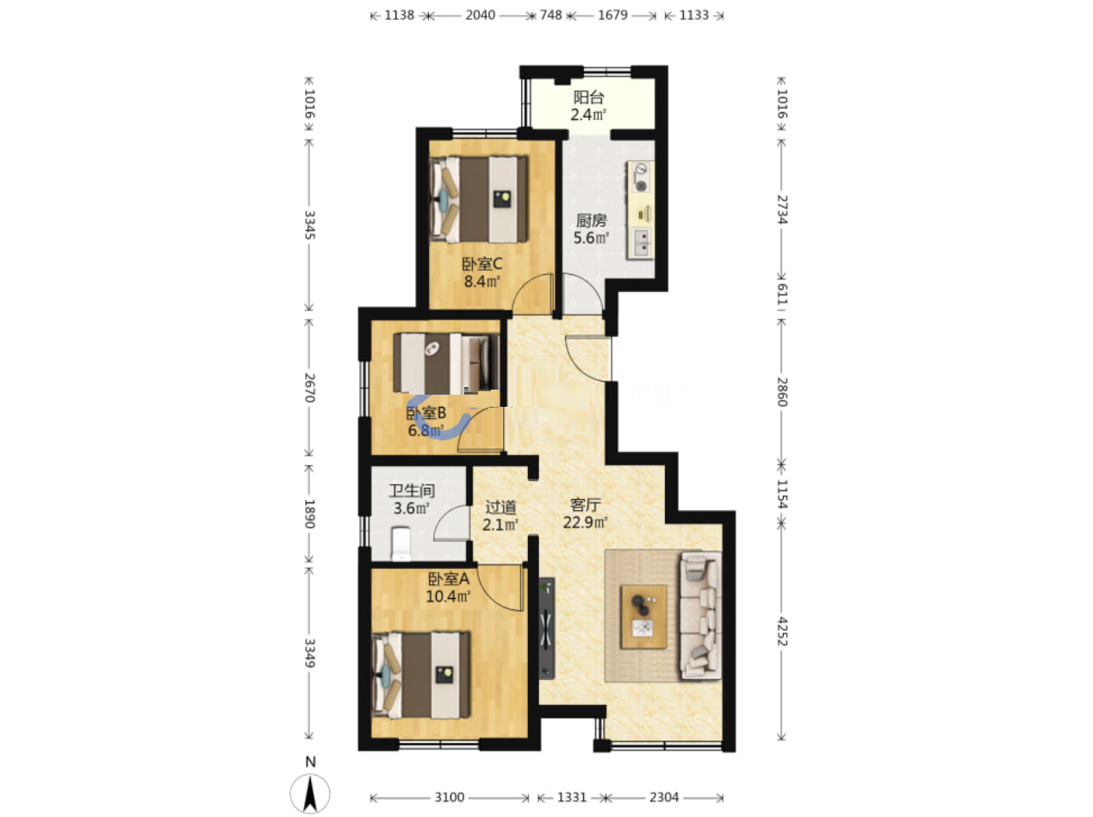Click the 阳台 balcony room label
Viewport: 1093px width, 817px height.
pyautogui.click(x=588, y=97)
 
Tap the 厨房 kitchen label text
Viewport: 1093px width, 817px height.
pyautogui.click(x=591, y=220)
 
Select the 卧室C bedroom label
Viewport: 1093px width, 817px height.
pyautogui.click(x=481, y=264)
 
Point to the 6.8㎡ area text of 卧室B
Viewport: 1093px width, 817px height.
pyautogui.click(x=425, y=430)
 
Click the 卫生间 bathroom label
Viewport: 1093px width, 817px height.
pyautogui.click(x=412, y=490)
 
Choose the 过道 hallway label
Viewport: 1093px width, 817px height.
pyautogui.click(x=500, y=507)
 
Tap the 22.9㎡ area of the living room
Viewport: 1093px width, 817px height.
pyautogui.click(x=585, y=522)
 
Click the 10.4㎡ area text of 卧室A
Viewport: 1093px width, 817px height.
pyautogui.click(x=448, y=596)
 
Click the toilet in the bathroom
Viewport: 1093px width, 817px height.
pyautogui.click(x=401, y=543)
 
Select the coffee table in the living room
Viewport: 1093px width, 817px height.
pyautogui.click(x=643, y=617)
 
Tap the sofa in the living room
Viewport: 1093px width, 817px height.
pyautogui.click(x=700, y=615)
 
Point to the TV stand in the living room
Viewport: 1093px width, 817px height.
pyautogui.click(x=547, y=627)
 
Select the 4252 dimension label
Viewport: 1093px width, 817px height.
pyautogui.click(x=782, y=631)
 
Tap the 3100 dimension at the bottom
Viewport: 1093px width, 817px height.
pyautogui.click(x=449, y=797)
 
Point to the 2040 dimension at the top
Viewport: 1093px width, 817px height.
pyautogui.click(x=480, y=16)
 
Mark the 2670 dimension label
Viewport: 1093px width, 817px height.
pyautogui.click(x=309, y=388)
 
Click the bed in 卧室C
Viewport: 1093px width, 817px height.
pyautogui.click(x=478, y=200)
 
